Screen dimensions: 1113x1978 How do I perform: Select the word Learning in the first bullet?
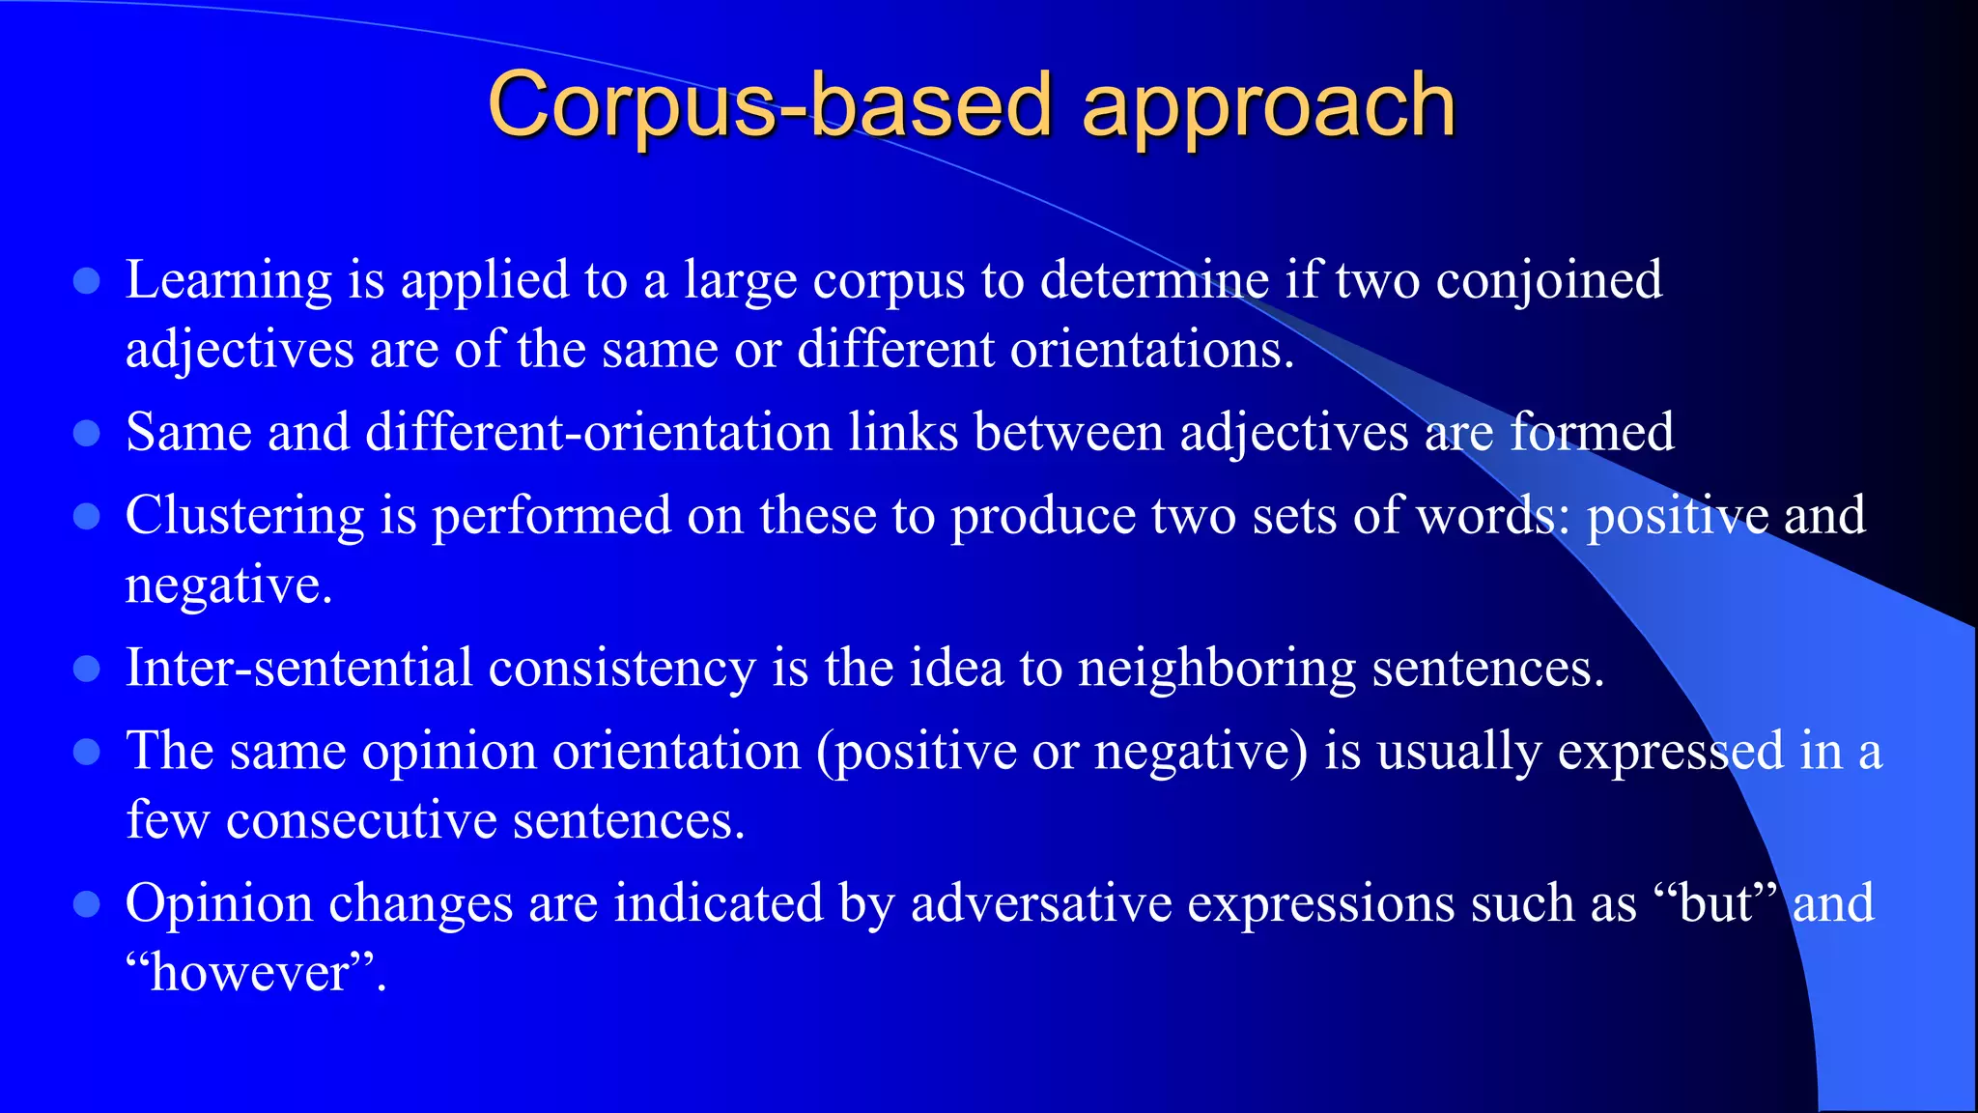coord(229,281)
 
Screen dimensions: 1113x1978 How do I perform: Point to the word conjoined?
coord(1549,281)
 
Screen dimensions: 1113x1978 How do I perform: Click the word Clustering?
coord(244,516)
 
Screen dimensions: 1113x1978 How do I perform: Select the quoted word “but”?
coord(1715,903)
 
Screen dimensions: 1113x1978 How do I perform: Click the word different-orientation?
coord(599,432)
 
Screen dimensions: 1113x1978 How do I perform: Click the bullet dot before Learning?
coord(87,281)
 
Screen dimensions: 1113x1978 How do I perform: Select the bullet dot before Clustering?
coord(87,517)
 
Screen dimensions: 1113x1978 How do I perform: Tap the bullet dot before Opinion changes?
coord(87,904)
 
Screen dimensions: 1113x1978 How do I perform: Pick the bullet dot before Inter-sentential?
coord(87,669)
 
